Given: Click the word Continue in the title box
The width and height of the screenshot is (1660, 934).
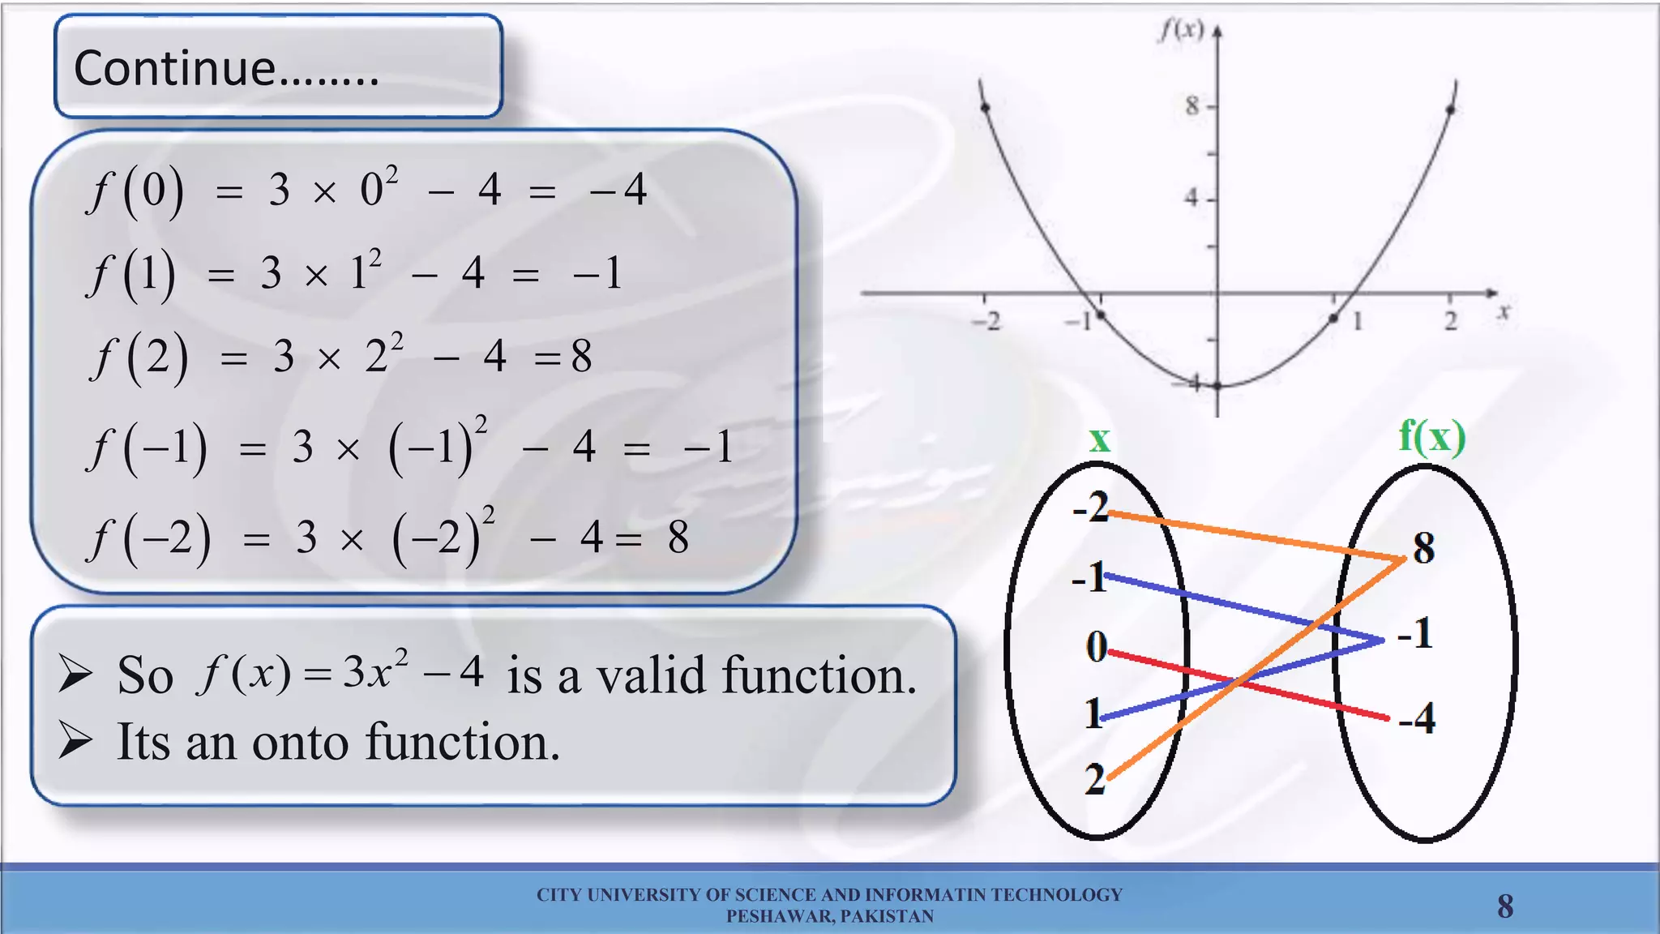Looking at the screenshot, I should [174, 68].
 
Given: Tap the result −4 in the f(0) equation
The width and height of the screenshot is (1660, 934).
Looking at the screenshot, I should [618, 190].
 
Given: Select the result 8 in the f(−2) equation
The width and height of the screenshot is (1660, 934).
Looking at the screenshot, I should [678, 537].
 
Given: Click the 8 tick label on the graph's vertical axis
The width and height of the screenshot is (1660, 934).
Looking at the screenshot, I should [1191, 105].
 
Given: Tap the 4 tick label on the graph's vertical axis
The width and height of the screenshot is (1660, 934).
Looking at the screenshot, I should [1191, 197].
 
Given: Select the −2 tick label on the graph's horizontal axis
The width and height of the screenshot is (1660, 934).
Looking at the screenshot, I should [986, 322].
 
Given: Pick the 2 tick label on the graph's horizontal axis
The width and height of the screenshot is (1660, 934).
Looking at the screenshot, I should [1450, 321].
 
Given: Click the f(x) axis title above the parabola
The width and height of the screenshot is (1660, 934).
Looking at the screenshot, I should [1181, 30].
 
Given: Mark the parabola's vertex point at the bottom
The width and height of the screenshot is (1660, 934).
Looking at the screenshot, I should [1217, 386].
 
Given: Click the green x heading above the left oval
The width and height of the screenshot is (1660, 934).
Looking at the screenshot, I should [1099, 440].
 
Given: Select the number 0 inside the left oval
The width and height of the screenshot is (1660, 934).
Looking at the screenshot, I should [1096, 647].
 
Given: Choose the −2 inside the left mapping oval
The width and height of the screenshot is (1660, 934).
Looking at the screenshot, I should [1090, 508].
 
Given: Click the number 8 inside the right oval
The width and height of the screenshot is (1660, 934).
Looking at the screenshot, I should [1423, 548].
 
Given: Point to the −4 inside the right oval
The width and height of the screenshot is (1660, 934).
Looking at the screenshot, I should [1417, 718].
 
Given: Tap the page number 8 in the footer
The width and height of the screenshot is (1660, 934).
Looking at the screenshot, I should [1505, 906].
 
